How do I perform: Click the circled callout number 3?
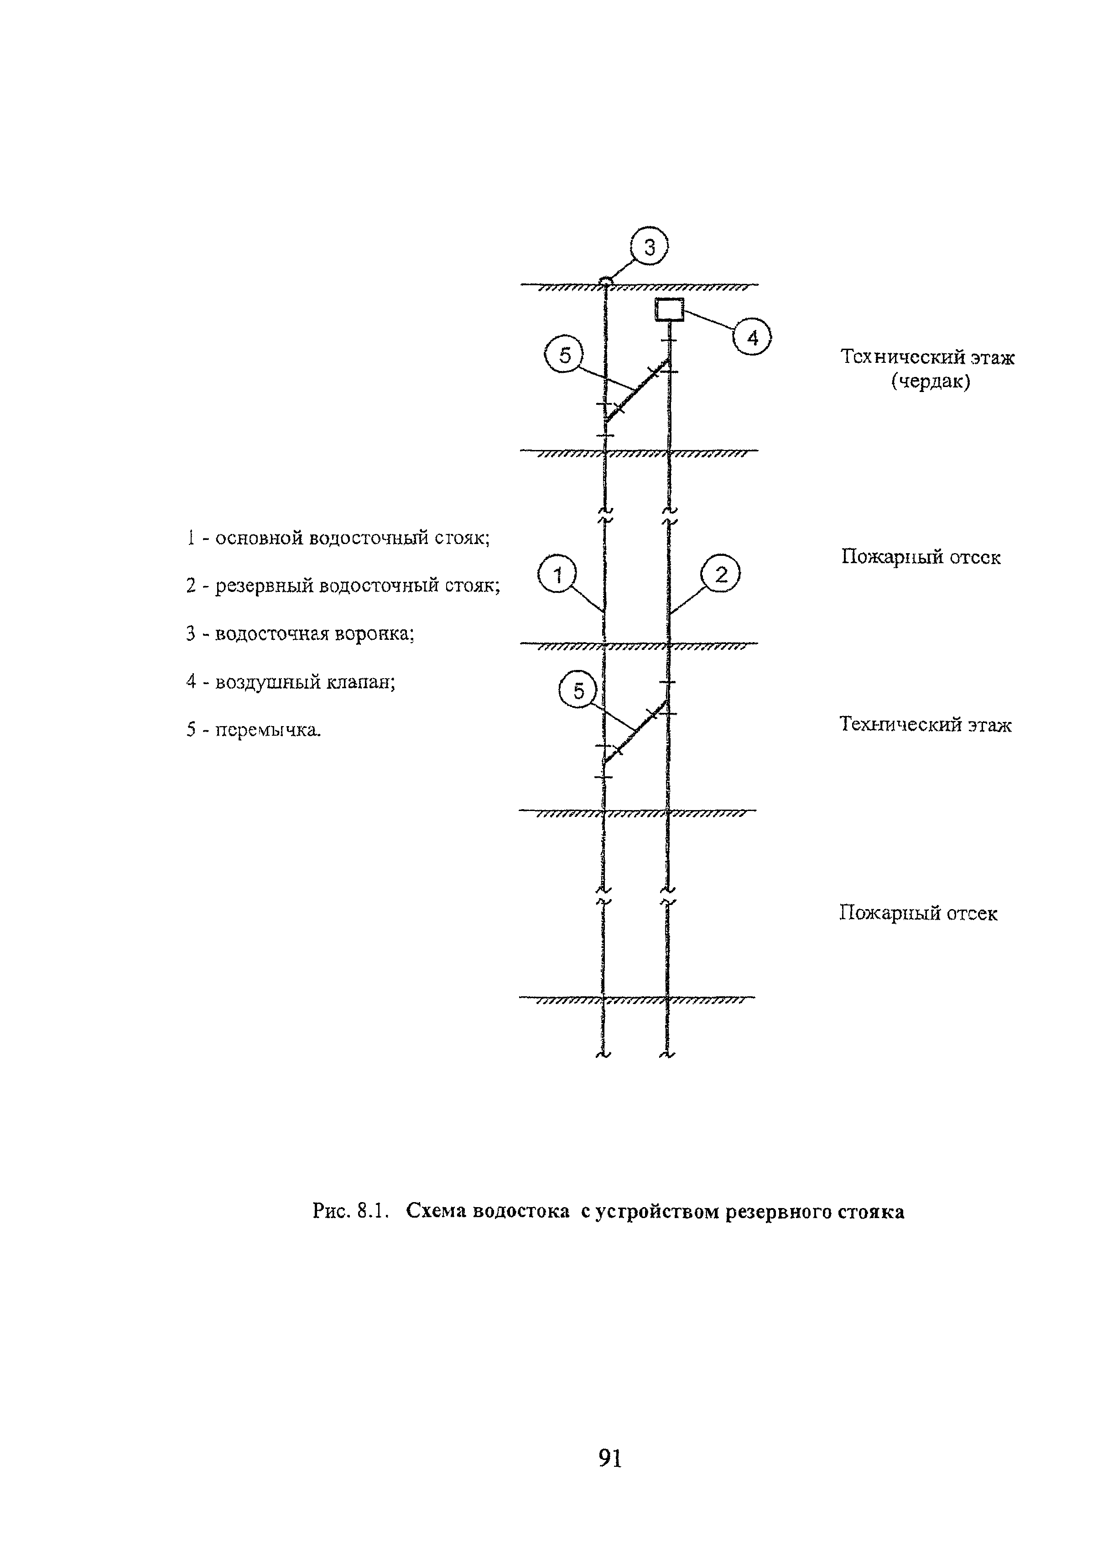coord(649,247)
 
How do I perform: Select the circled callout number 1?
coord(557,575)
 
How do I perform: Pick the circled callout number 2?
coord(721,575)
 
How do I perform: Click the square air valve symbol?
coord(669,310)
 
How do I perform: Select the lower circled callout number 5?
coord(578,691)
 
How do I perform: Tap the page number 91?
coord(610,1457)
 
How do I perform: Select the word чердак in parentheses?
coord(931,381)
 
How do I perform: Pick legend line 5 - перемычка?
coord(253,730)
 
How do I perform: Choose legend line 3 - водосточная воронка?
coord(300,633)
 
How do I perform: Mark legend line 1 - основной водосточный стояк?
coord(338,538)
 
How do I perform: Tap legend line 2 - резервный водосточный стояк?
coord(343,585)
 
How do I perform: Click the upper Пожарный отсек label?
coord(920,557)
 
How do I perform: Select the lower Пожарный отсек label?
coord(918,913)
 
